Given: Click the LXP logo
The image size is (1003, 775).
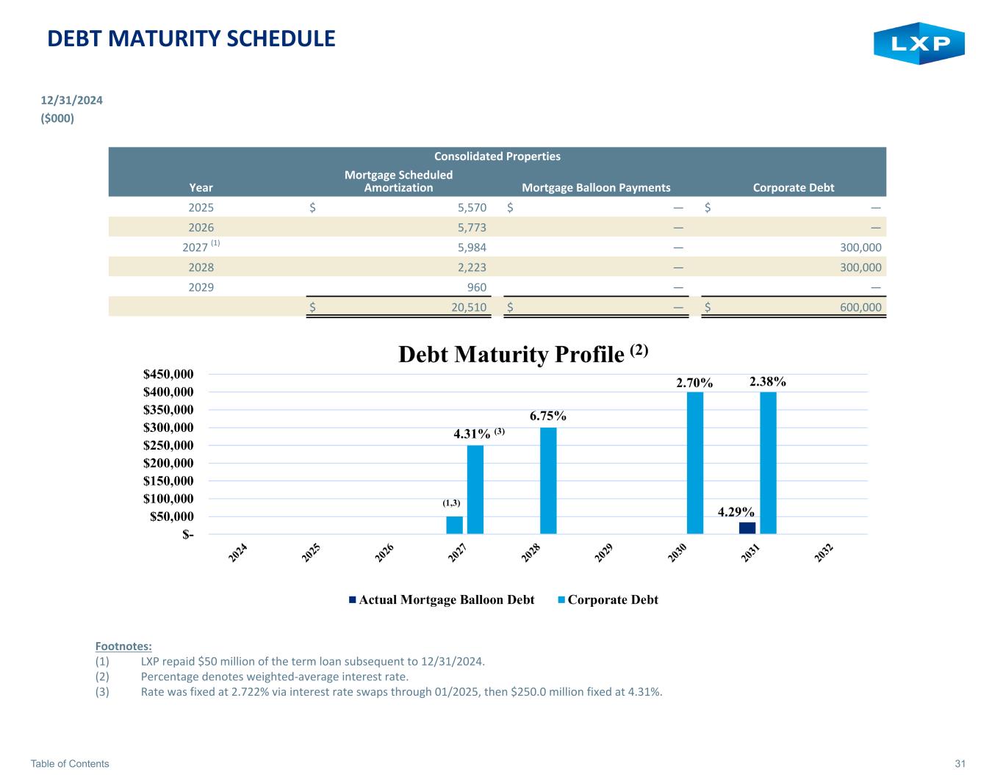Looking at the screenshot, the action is pyautogui.click(x=918, y=43).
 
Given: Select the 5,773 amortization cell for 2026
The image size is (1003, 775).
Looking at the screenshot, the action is pyautogui.click(x=472, y=228).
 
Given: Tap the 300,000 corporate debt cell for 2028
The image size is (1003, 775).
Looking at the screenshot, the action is pyautogui.click(x=860, y=267).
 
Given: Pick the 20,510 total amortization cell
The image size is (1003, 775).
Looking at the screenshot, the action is pyautogui.click(x=469, y=307).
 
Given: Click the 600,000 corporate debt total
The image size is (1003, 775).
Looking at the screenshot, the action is pyautogui.click(x=860, y=307).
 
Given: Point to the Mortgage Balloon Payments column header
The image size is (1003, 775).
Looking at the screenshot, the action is pyautogui.click(x=596, y=188).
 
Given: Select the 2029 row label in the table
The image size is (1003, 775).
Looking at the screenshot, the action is pyautogui.click(x=201, y=287).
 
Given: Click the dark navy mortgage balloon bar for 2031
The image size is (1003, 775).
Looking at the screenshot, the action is pyautogui.click(x=747, y=528).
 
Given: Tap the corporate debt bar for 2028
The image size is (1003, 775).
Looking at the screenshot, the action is pyautogui.click(x=548, y=480).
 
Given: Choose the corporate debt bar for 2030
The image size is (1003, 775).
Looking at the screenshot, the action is pyautogui.click(x=694, y=463).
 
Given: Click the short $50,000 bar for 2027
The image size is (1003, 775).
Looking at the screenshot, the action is pyautogui.click(x=454, y=525).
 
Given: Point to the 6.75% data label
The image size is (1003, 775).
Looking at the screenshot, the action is pyautogui.click(x=548, y=416).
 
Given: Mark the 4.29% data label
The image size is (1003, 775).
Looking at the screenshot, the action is pyautogui.click(x=736, y=512).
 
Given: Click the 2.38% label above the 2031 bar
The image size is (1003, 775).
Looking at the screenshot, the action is pyautogui.click(x=768, y=381).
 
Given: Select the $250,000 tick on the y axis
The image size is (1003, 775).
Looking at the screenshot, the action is pyautogui.click(x=168, y=445).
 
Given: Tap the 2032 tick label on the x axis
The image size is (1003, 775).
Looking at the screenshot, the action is pyautogui.click(x=824, y=552).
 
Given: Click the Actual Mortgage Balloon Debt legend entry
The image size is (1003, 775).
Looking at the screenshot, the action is pyautogui.click(x=442, y=599).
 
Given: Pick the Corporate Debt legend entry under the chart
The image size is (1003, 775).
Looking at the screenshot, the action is pyautogui.click(x=608, y=599).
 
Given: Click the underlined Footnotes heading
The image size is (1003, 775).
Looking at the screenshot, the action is pyautogui.click(x=123, y=646).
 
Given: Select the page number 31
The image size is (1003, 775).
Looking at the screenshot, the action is pyautogui.click(x=960, y=763).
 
